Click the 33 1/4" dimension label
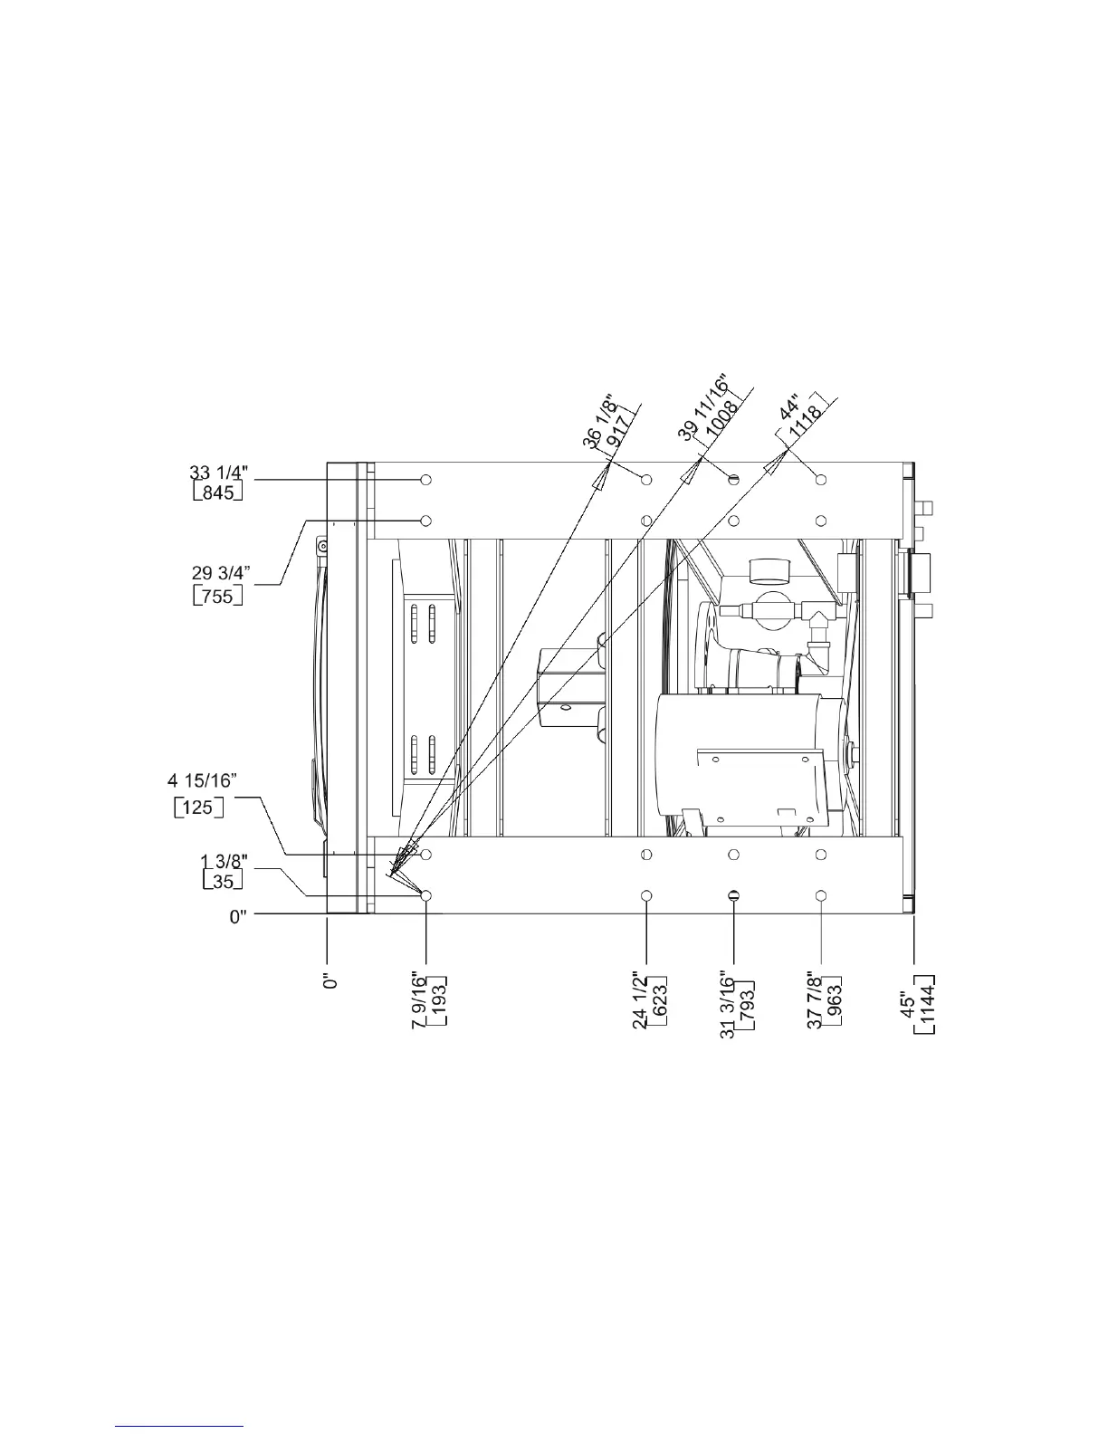[218, 473]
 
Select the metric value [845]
[218, 492]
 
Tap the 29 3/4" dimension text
[220, 573]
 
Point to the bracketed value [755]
[218, 596]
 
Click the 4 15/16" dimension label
[202, 780]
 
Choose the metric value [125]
[198, 808]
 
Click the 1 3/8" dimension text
[224, 861]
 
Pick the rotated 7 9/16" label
[419, 999]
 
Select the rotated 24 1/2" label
[639, 999]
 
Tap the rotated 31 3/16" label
[727, 1004]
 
